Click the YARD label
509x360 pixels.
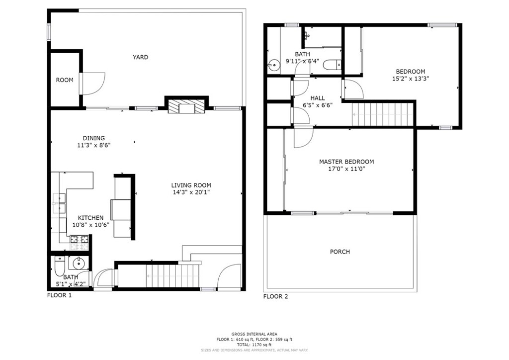pos(140,57)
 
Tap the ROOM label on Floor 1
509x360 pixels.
pos(65,80)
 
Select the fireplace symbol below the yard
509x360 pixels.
pos(187,106)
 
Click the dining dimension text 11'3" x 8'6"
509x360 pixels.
pos(94,145)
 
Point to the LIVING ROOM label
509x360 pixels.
pos(191,185)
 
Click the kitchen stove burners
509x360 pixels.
pos(80,240)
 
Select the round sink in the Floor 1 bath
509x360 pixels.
pos(79,263)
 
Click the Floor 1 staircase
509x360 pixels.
pos(171,276)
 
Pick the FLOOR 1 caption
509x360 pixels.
pos(60,295)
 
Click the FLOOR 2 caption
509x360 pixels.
pos(275,296)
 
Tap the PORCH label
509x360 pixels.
pos(340,252)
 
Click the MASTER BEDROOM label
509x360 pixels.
pos(346,162)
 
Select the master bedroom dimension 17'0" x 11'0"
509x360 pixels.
pos(346,169)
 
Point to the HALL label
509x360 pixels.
pos(318,98)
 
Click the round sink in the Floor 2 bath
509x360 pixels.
pos(273,65)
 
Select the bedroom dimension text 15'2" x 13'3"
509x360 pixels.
pos(411,79)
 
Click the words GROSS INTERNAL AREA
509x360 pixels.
pos(254,334)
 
